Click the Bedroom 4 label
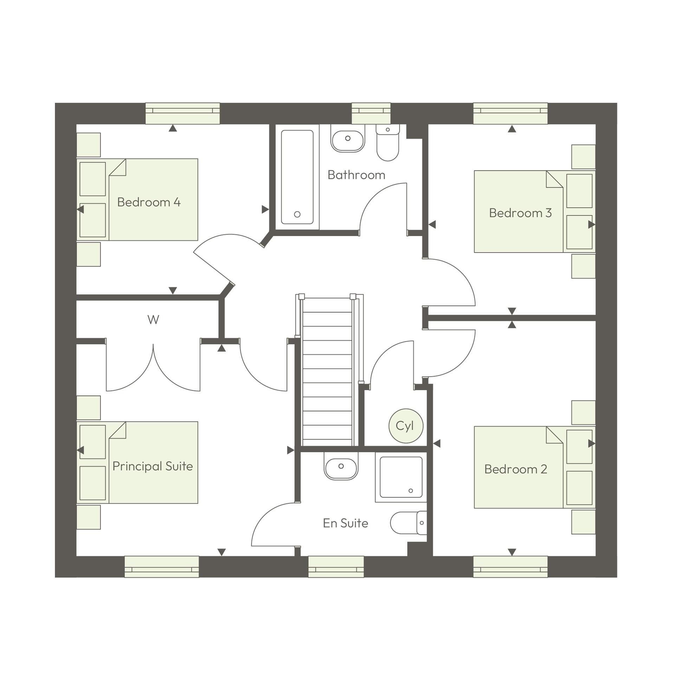(x=149, y=202)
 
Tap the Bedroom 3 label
(x=520, y=213)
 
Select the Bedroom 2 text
(x=516, y=469)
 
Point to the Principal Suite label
(x=153, y=466)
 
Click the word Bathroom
(x=356, y=175)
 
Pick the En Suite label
(x=345, y=523)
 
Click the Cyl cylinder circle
(x=406, y=426)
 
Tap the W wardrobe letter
(x=153, y=319)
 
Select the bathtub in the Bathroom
(x=297, y=177)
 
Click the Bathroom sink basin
(x=348, y=139)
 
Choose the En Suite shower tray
(x=401, y=477)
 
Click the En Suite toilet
(x=408, y=523)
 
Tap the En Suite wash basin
(x=341, y=467)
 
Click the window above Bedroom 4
(x=182, y=113)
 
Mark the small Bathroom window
(x=371, y=113)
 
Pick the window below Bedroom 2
(x=510, y=566)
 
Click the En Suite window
(x=336, y=566)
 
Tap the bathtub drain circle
(x=297, y=214)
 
